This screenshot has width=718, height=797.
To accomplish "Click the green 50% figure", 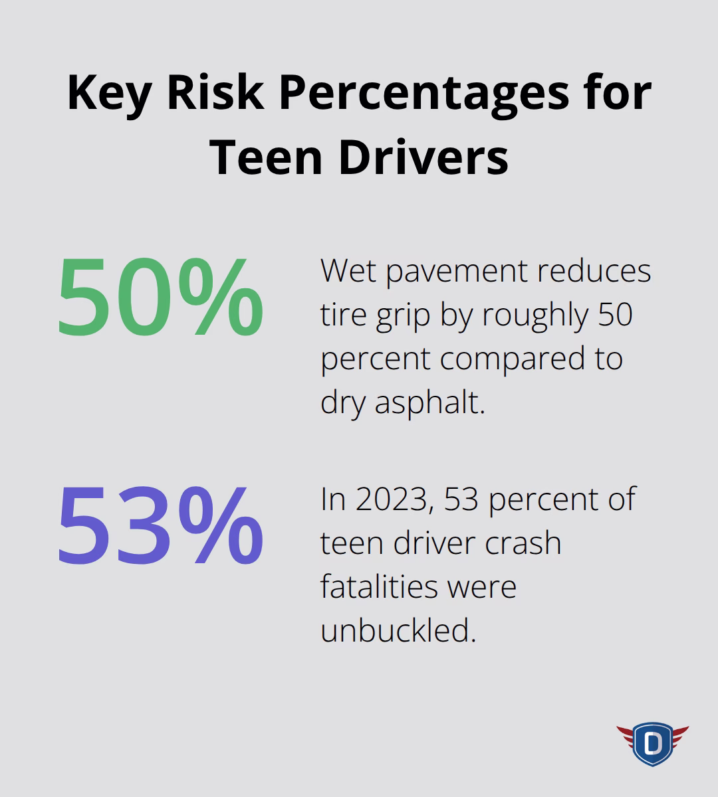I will pos(160,298).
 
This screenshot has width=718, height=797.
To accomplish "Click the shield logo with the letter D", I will pos(652,742).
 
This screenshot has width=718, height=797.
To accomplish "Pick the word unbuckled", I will pos(398,630).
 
